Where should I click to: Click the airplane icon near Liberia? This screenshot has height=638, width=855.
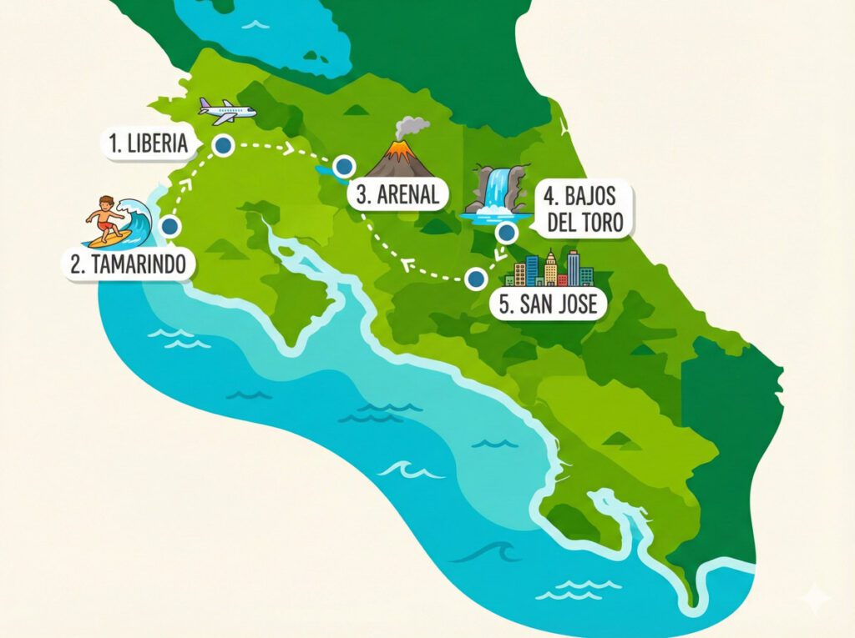(x=226, y=111)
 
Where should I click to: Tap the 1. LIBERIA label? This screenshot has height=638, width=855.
(x=148, y=143)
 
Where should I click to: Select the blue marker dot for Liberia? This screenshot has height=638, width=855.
(x=222, y=147)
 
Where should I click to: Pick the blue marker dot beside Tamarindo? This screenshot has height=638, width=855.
(x=170, y=226)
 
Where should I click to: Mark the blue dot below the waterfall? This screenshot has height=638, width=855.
(x=506, y=233)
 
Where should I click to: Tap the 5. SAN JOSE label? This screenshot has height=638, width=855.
(x=548, y=304)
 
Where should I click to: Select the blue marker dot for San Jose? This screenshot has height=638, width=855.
(x=476, y=279)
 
